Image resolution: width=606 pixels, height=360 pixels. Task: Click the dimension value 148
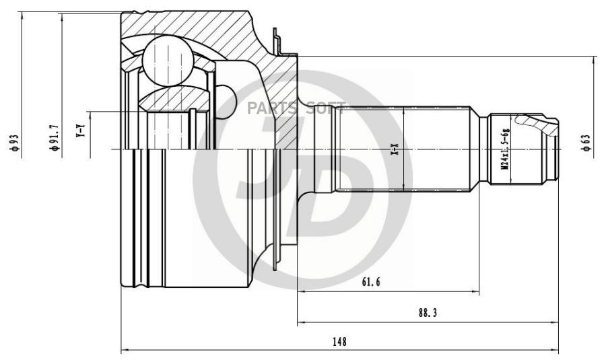339,342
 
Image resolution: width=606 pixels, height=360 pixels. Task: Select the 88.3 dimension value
428,314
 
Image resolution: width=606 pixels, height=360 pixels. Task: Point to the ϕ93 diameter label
14,143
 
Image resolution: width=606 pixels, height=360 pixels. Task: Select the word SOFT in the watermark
326,107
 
